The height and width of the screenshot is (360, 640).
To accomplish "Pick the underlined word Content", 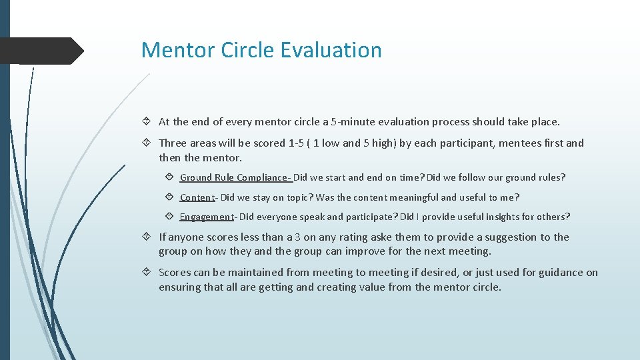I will pos(197,197).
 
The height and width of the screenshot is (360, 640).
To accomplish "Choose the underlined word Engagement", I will pos(206,217).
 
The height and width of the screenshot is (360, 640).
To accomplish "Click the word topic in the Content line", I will pos(297,197).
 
